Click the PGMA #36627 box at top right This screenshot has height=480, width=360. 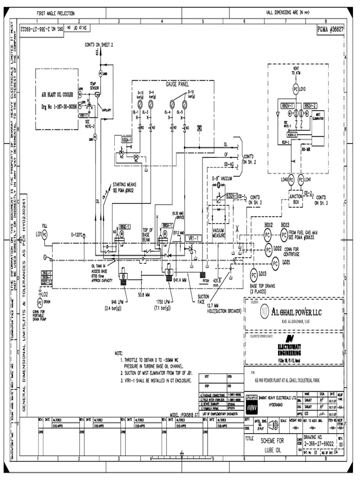[x=330, y=29]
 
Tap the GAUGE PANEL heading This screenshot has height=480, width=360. [x=177, y=84]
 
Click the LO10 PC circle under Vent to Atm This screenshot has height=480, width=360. [x=295, y=89]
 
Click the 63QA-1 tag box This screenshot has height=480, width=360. [x=127, y=140]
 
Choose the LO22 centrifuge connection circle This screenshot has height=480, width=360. [x=268, y=248]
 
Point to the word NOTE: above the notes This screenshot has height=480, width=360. [x=119, y=352]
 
